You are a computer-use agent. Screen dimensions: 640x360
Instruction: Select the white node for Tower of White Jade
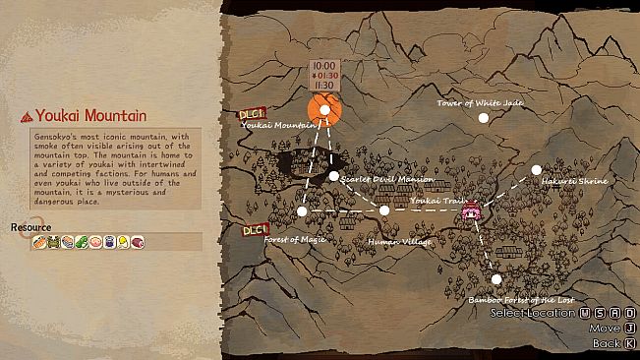(483, 117)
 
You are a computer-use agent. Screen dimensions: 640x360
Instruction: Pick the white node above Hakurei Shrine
(537, 169)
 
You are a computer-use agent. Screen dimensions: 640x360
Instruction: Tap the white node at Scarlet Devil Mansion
(334, 176)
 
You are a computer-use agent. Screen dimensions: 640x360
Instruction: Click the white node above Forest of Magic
(302, 211)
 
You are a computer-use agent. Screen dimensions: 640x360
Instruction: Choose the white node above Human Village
(384, 210)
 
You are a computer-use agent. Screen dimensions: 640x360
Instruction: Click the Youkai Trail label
(433, 201)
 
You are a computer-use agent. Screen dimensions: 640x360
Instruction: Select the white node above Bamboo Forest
(497, 279)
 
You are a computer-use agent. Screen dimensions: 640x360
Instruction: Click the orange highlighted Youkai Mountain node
(324, 110)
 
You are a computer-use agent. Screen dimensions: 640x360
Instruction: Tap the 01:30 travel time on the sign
(325, 75)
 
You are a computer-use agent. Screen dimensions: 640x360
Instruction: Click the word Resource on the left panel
(30, 227)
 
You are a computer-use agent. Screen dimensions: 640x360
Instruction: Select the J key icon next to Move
(631, 328)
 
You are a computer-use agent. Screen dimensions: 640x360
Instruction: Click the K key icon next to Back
(631, 343)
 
